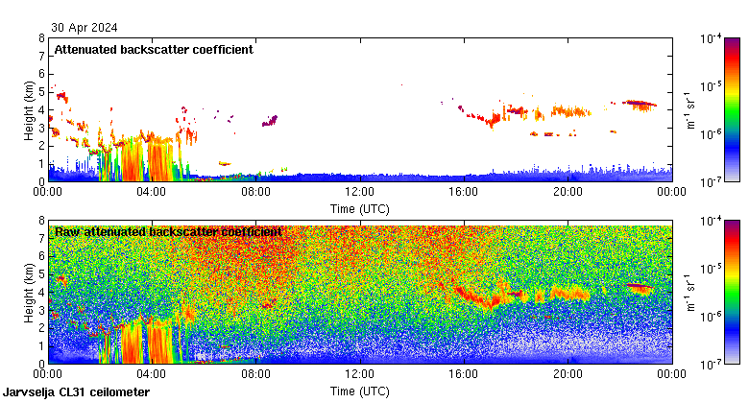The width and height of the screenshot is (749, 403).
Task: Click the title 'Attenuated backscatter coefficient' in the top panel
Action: tap(154, 50)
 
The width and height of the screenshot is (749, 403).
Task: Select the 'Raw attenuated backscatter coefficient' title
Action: tap(168, 231)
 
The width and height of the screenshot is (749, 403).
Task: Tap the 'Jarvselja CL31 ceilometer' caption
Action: tap(77, 391)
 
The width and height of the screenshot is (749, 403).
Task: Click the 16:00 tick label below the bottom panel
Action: tap(463, 374)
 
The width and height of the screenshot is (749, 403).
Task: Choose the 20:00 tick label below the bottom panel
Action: tap(567, 374)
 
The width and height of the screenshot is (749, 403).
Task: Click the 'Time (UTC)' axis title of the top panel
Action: tap(359, 208)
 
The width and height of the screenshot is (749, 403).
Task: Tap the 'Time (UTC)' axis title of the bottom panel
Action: tap(359, 391)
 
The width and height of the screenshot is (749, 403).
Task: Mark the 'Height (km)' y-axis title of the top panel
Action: tap(30, 109)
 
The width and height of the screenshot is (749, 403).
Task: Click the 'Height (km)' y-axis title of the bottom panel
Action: tap(30, 292)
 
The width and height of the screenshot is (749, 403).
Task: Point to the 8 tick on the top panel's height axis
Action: tap(40, 38)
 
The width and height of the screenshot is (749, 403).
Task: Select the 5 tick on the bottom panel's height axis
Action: tap(40, 274)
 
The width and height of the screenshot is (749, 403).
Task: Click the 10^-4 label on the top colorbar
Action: tap(712, 39)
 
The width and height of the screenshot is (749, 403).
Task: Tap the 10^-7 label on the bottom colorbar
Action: tap(712, 365)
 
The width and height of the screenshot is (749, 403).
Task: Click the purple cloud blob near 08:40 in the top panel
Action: tap(272, 120)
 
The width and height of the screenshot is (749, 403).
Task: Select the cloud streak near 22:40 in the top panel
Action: tap(640, 104)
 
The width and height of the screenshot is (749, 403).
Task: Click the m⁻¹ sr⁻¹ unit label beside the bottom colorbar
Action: tap(689, 292)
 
